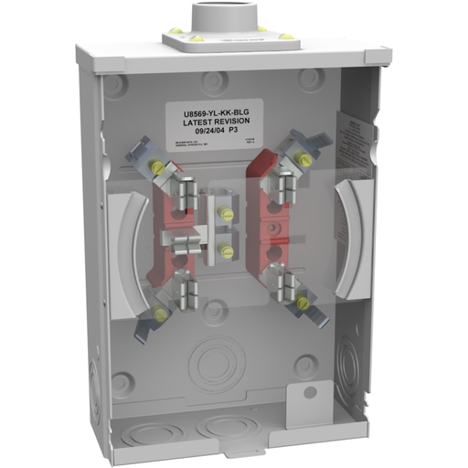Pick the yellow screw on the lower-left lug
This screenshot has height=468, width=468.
point(161,314)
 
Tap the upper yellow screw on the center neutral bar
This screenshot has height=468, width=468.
point(226,215)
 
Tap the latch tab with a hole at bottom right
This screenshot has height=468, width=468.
point(308,395)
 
